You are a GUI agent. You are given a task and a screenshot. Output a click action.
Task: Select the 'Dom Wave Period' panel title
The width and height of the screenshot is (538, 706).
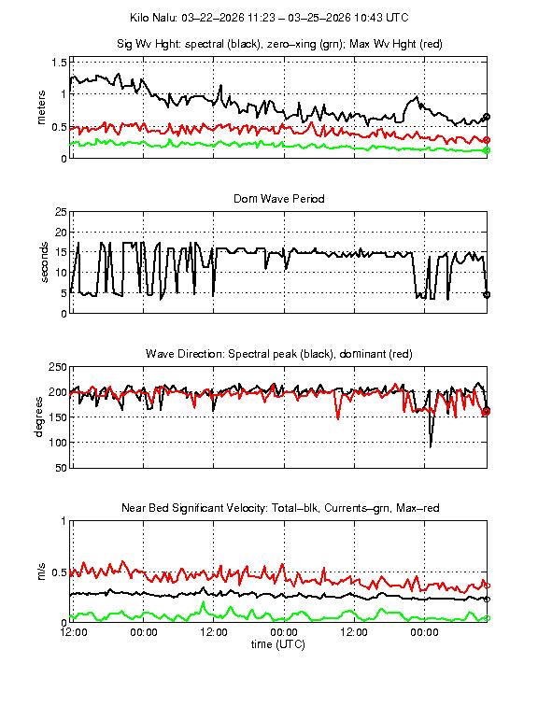[279, 199]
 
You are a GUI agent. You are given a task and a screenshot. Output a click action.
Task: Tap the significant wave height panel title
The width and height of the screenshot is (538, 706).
[279, 44]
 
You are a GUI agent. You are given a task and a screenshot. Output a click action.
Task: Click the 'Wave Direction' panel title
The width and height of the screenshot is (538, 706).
[279, 354]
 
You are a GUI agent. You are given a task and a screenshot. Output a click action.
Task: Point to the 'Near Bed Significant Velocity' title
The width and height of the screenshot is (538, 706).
[279, 508]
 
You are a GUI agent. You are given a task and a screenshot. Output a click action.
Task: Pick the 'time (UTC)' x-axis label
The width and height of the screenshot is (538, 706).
[279, 644]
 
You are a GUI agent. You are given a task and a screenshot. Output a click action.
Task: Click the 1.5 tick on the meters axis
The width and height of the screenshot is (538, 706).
[58, 62]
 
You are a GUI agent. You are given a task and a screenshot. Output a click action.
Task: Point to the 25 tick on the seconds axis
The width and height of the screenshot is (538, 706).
[60, 212]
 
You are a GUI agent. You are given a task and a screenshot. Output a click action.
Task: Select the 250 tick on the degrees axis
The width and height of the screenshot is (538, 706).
[56, 367]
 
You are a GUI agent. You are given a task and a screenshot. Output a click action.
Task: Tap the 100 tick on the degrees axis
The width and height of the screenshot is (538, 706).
[56, 443]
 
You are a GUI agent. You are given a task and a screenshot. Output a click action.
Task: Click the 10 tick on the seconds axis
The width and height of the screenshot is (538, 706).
[60, 273]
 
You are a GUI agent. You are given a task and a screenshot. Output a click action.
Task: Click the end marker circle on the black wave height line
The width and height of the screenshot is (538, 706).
[487, 117]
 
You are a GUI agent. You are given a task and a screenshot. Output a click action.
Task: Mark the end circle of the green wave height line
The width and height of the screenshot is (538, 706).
[487, 150]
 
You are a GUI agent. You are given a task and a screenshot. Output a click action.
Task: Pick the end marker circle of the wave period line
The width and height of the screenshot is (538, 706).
[487, 294]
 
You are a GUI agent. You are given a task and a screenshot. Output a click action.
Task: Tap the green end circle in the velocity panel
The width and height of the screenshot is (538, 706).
[487, 618]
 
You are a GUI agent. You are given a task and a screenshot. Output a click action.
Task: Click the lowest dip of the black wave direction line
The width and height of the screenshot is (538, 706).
[431, 446]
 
